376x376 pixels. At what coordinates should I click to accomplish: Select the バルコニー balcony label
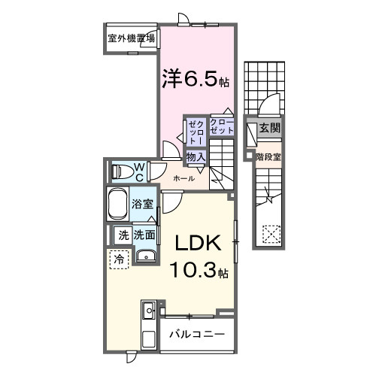click(x=196, y=333)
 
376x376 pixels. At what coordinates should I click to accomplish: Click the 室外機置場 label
click(x=131, y=39)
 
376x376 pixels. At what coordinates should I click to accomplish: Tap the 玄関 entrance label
click(x=268, y=129)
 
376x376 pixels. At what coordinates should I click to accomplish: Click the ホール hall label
click(x=184, y=178)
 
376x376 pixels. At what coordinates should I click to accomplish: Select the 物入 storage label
click(x=196, y=156)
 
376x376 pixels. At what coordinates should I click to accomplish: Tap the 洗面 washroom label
click(x=145, y=235)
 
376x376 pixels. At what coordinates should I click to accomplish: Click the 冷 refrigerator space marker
click(x=119, y=259)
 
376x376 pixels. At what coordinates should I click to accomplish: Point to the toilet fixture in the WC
click(x=120, y=171)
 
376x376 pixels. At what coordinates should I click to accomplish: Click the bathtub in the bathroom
click(x=117, y=204)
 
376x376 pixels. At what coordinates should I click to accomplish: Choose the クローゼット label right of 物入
click(x=222, y=126)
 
